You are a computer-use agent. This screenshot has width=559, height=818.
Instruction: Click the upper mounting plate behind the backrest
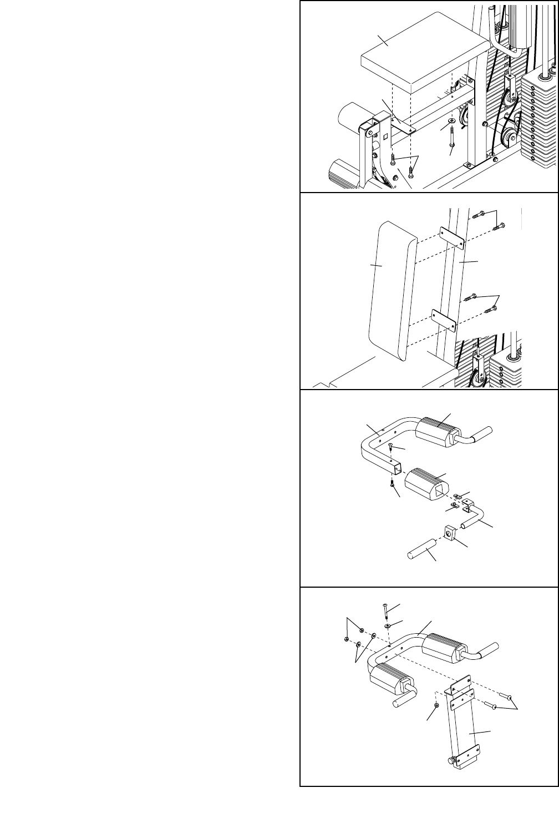pos(453,238)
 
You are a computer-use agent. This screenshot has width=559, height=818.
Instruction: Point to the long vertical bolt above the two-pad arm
pos(385,611)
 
